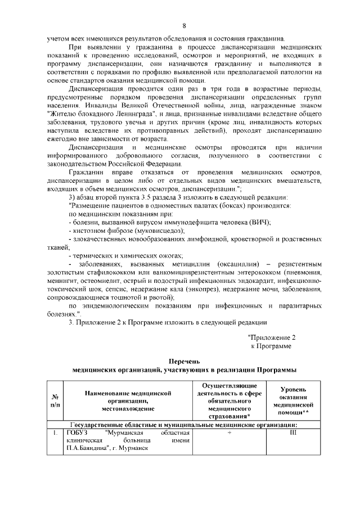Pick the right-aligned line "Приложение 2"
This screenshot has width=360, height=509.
point(272,337)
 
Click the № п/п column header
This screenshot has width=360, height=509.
point(55,400)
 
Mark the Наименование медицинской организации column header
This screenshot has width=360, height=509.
point(128,400)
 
